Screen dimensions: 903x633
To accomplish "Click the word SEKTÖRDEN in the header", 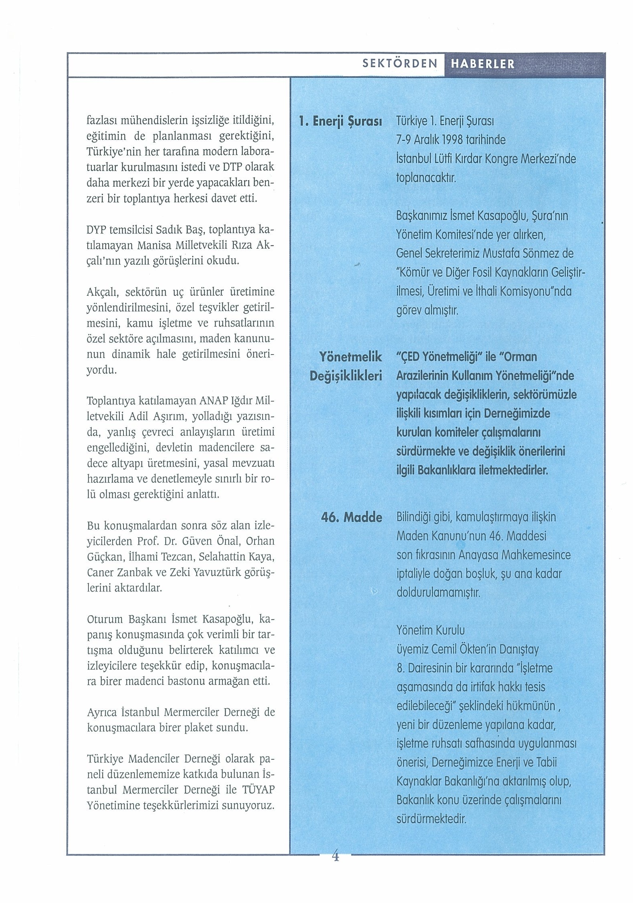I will (x=400, y=64).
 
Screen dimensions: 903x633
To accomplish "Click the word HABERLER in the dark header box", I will (x=483, y=64).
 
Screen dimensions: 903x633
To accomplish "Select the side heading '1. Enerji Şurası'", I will (x=340, y=122).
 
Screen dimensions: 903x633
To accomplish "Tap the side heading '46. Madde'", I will (x=351, y=517).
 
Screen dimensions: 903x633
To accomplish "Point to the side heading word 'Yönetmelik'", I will (x=350, y=357).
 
